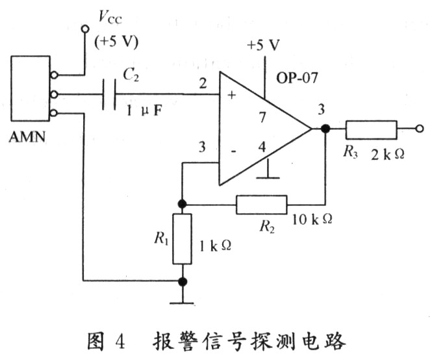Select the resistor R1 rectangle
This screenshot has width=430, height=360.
click(x=183, y=238)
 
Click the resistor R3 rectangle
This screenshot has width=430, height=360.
click(x=371, y=129)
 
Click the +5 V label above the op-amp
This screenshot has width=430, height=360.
click(x=263, y=45)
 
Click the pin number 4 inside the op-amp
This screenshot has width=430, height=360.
click(x=262, y=148)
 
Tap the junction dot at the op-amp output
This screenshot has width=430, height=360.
click(x=325, y=129)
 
